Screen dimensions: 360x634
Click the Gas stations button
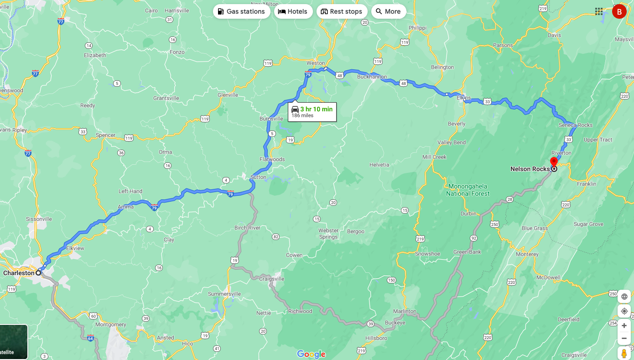[x=241, y=11]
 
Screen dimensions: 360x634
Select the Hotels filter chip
[x=293, y=11]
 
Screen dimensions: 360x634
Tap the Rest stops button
[x=342, y=11]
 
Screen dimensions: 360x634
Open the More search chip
[x=388, y=11]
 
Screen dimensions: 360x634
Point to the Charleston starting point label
[x=19, y=273]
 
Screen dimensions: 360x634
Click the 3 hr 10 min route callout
[x=312, y=112]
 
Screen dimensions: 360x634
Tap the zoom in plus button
[x=624, y=325]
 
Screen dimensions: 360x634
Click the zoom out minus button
[x=624, y=339]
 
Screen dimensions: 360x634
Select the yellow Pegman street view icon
[x=624, y=353]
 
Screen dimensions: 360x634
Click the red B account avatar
[x=619, y=12]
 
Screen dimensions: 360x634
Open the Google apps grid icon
[x=598, y=11]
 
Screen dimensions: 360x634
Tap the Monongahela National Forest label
[x=468, y=190]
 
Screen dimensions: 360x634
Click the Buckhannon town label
[x=372, y=77]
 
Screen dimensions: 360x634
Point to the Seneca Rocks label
[x=575, y=125]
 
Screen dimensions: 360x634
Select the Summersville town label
[x=224, y=294]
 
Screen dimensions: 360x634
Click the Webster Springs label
[x=328, y=234]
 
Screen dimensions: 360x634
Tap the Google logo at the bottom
[x=311, y=354]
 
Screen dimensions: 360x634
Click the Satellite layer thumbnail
[x=14, y=342]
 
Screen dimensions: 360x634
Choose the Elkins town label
[x=464, y=98]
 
